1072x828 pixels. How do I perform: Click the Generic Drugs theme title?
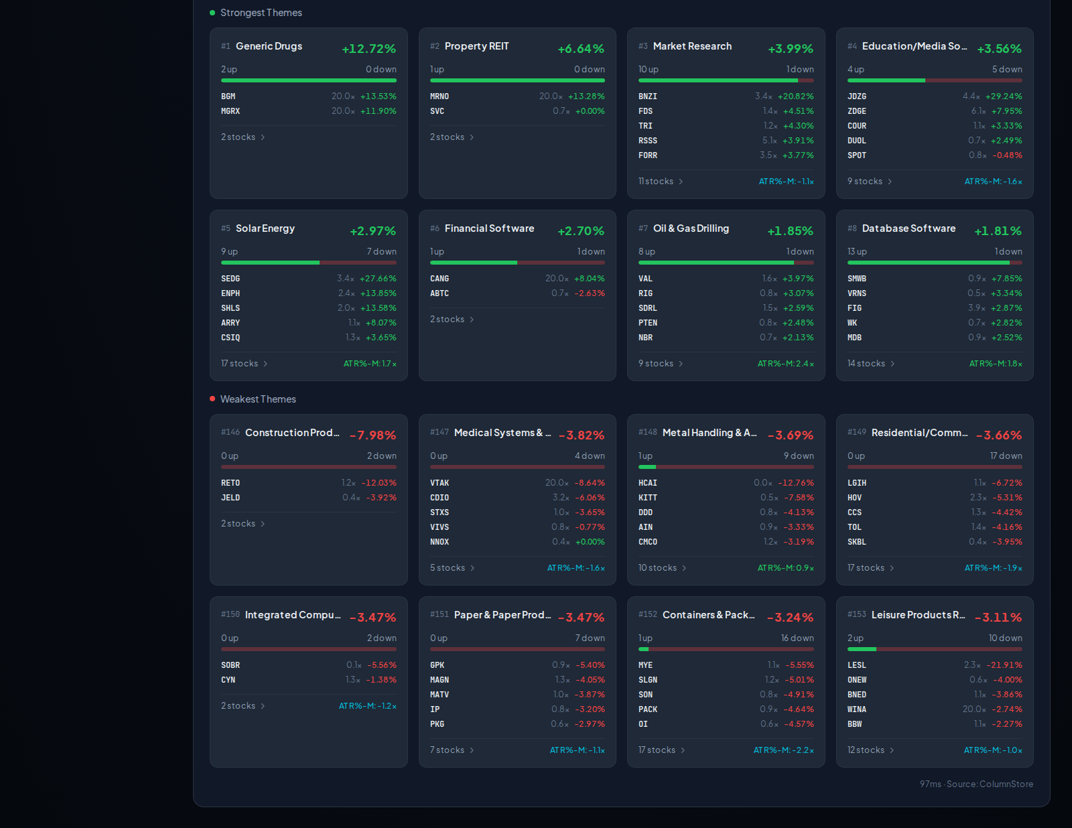coord(269,46)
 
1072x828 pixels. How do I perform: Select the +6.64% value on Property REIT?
coord(581,49)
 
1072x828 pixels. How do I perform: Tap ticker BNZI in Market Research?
coord(647,96)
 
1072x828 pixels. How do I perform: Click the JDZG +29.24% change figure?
coord(1004,96)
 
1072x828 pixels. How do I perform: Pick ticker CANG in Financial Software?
coord(439,279)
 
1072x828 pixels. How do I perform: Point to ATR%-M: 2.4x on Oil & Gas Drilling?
coord(785,364)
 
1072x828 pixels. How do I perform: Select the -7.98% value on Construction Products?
coord(373,435)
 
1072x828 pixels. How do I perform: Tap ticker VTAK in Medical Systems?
coord(439,483)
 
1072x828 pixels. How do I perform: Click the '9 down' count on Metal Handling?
coord(799,456)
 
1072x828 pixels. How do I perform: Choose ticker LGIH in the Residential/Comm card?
coord(856,483)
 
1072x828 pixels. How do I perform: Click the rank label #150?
coord(230,614)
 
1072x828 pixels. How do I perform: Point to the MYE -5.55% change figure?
coord(799,665)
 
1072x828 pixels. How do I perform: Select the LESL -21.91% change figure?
coord(1004,665)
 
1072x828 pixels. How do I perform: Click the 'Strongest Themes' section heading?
coord(261,13)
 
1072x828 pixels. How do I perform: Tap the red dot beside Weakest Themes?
coord(212,399)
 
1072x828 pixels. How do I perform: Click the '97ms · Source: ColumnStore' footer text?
coord(976,784)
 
